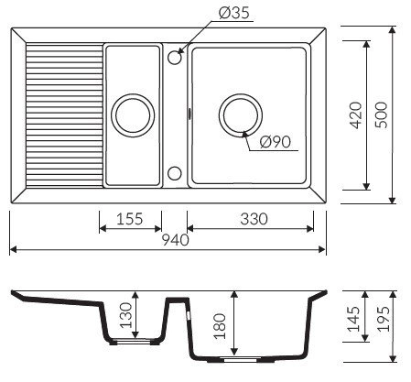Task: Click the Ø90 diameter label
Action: (275, 142)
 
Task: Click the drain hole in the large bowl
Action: (241, 115)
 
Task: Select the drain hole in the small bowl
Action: (129, 115)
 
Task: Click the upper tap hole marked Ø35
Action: (175, 57)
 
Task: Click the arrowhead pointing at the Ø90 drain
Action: (245, 135)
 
